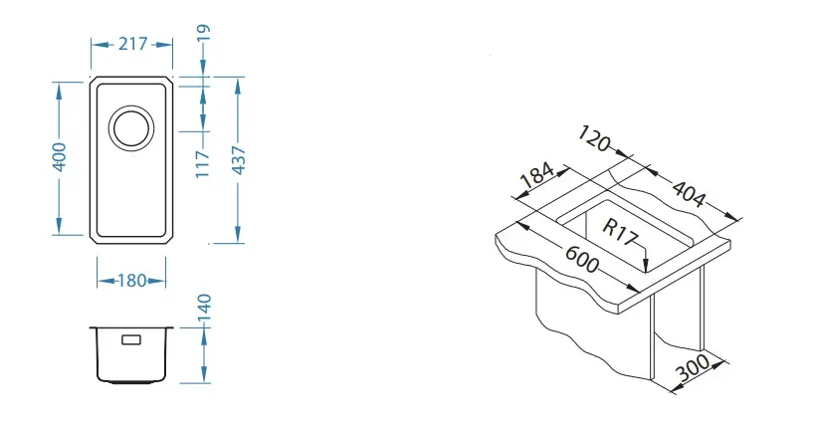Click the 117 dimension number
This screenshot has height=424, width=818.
click(x=203, y=161)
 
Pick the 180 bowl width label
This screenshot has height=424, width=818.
click(x=131, y=280)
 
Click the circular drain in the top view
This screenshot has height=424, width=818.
click(x=130, y=126)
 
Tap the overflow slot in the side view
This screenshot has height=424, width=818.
click(x=131, y=339)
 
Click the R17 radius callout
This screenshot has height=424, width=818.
click(x=619, y=228)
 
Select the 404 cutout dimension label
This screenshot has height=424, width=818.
click(x=690, y=191)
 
